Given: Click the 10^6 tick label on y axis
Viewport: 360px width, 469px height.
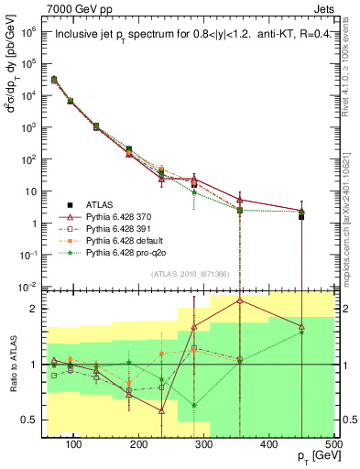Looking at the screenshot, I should pos(28,31).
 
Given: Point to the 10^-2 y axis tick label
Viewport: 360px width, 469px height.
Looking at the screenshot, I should pos(28,287).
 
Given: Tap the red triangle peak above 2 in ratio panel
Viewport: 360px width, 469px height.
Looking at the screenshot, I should pos(240,300).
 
